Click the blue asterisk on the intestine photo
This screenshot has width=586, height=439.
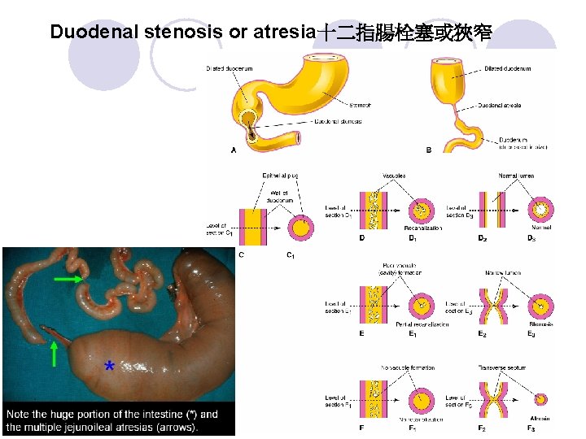109,368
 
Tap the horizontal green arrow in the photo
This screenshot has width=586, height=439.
70,279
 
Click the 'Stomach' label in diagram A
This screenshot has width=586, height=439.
359,105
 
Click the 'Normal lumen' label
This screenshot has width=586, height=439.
518,174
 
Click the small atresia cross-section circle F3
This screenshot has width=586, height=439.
541,399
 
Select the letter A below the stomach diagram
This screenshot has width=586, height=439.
234,150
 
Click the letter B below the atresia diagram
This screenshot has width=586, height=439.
429,150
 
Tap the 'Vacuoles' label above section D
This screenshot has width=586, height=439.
393,174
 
